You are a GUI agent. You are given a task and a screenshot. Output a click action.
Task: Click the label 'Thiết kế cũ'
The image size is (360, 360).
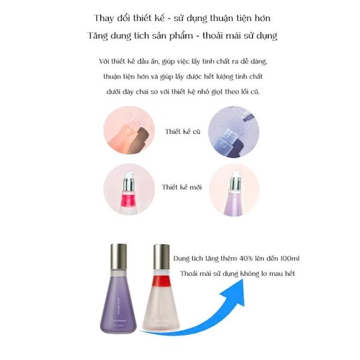184,131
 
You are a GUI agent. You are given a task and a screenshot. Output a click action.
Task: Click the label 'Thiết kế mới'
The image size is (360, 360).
182,187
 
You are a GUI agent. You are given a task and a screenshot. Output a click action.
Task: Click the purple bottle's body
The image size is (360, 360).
120,303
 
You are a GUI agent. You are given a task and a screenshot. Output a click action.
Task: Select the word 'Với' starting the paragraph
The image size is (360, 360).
107,62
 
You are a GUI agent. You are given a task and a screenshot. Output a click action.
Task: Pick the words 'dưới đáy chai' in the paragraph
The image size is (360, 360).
124,92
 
